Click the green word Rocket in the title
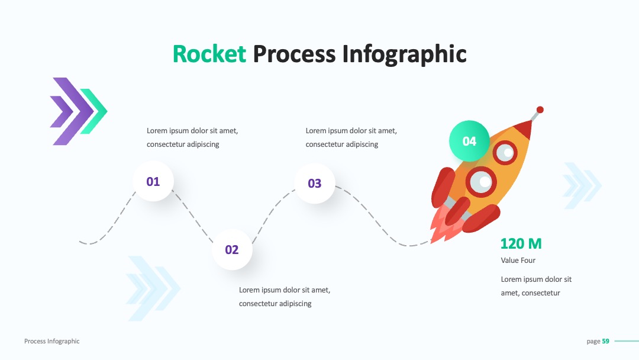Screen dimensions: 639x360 point(209,54)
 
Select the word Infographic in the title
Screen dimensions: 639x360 point(404,54)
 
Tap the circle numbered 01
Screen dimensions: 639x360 point(153,181)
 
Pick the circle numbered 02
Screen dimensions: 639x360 point(232,249)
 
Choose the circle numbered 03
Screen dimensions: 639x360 point(315,183)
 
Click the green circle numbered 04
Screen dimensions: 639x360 point(469,141)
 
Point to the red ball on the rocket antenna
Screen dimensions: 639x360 point(540,110)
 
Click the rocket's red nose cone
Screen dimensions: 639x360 point(523,128)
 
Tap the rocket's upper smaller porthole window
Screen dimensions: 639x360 point(505,153)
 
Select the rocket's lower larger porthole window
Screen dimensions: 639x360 point(481,182)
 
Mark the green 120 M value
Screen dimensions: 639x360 point(521,243)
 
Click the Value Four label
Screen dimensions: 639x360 point(518,260)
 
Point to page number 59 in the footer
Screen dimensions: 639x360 point(606,341)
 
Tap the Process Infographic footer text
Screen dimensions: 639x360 point(51,341)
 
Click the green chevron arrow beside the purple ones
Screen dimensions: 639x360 point(93,111)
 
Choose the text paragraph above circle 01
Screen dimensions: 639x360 point(192,137)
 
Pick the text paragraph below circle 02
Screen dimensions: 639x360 point(285,297)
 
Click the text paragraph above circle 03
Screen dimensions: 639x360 point(351,137)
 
